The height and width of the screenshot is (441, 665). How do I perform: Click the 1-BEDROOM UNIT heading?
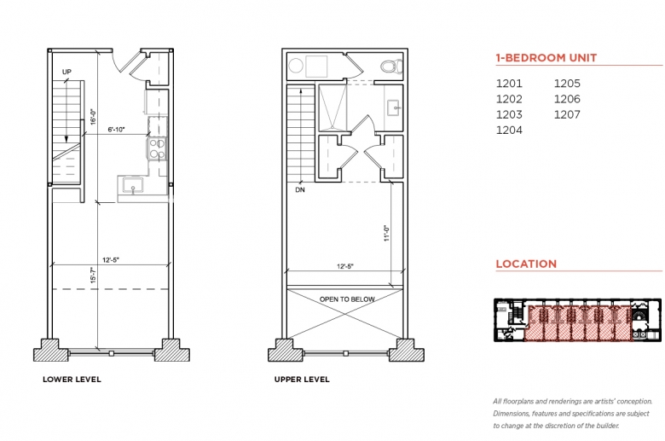tap(546, 58)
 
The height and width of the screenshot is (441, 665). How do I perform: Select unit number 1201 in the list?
tap(509, 84)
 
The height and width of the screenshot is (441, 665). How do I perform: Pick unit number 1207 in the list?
tap(567, 114)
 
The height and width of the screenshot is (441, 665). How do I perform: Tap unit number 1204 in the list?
tap(509, 130)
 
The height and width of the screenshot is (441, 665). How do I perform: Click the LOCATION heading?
tap(526, 264)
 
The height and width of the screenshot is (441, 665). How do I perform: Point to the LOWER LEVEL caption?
tap(72, 380)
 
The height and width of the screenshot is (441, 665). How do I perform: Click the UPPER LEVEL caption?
tap(302, 380)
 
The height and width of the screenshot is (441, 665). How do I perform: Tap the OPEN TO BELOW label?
tap(347, 299)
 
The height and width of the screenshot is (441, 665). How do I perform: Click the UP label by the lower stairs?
tap(66, 72)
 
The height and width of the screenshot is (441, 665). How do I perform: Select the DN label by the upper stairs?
tap(300, 189)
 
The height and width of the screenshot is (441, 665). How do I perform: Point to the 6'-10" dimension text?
tap(116, 130)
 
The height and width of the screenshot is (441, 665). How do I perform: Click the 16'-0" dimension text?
tap(93, 117)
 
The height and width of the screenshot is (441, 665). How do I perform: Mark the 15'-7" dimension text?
tap(93, 275)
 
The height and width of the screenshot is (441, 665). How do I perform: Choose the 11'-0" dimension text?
tap(386, 233)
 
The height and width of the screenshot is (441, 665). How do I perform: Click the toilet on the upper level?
tap(391, 67)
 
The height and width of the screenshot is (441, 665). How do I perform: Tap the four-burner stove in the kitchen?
tap(158, 148)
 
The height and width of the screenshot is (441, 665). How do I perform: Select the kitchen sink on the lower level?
tap(133, 186)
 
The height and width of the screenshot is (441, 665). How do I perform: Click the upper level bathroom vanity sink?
tap(394, 107)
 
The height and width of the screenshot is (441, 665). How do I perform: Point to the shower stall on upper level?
tap(332, 107)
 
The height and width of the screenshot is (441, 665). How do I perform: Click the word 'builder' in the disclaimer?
tap(607, 426)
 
